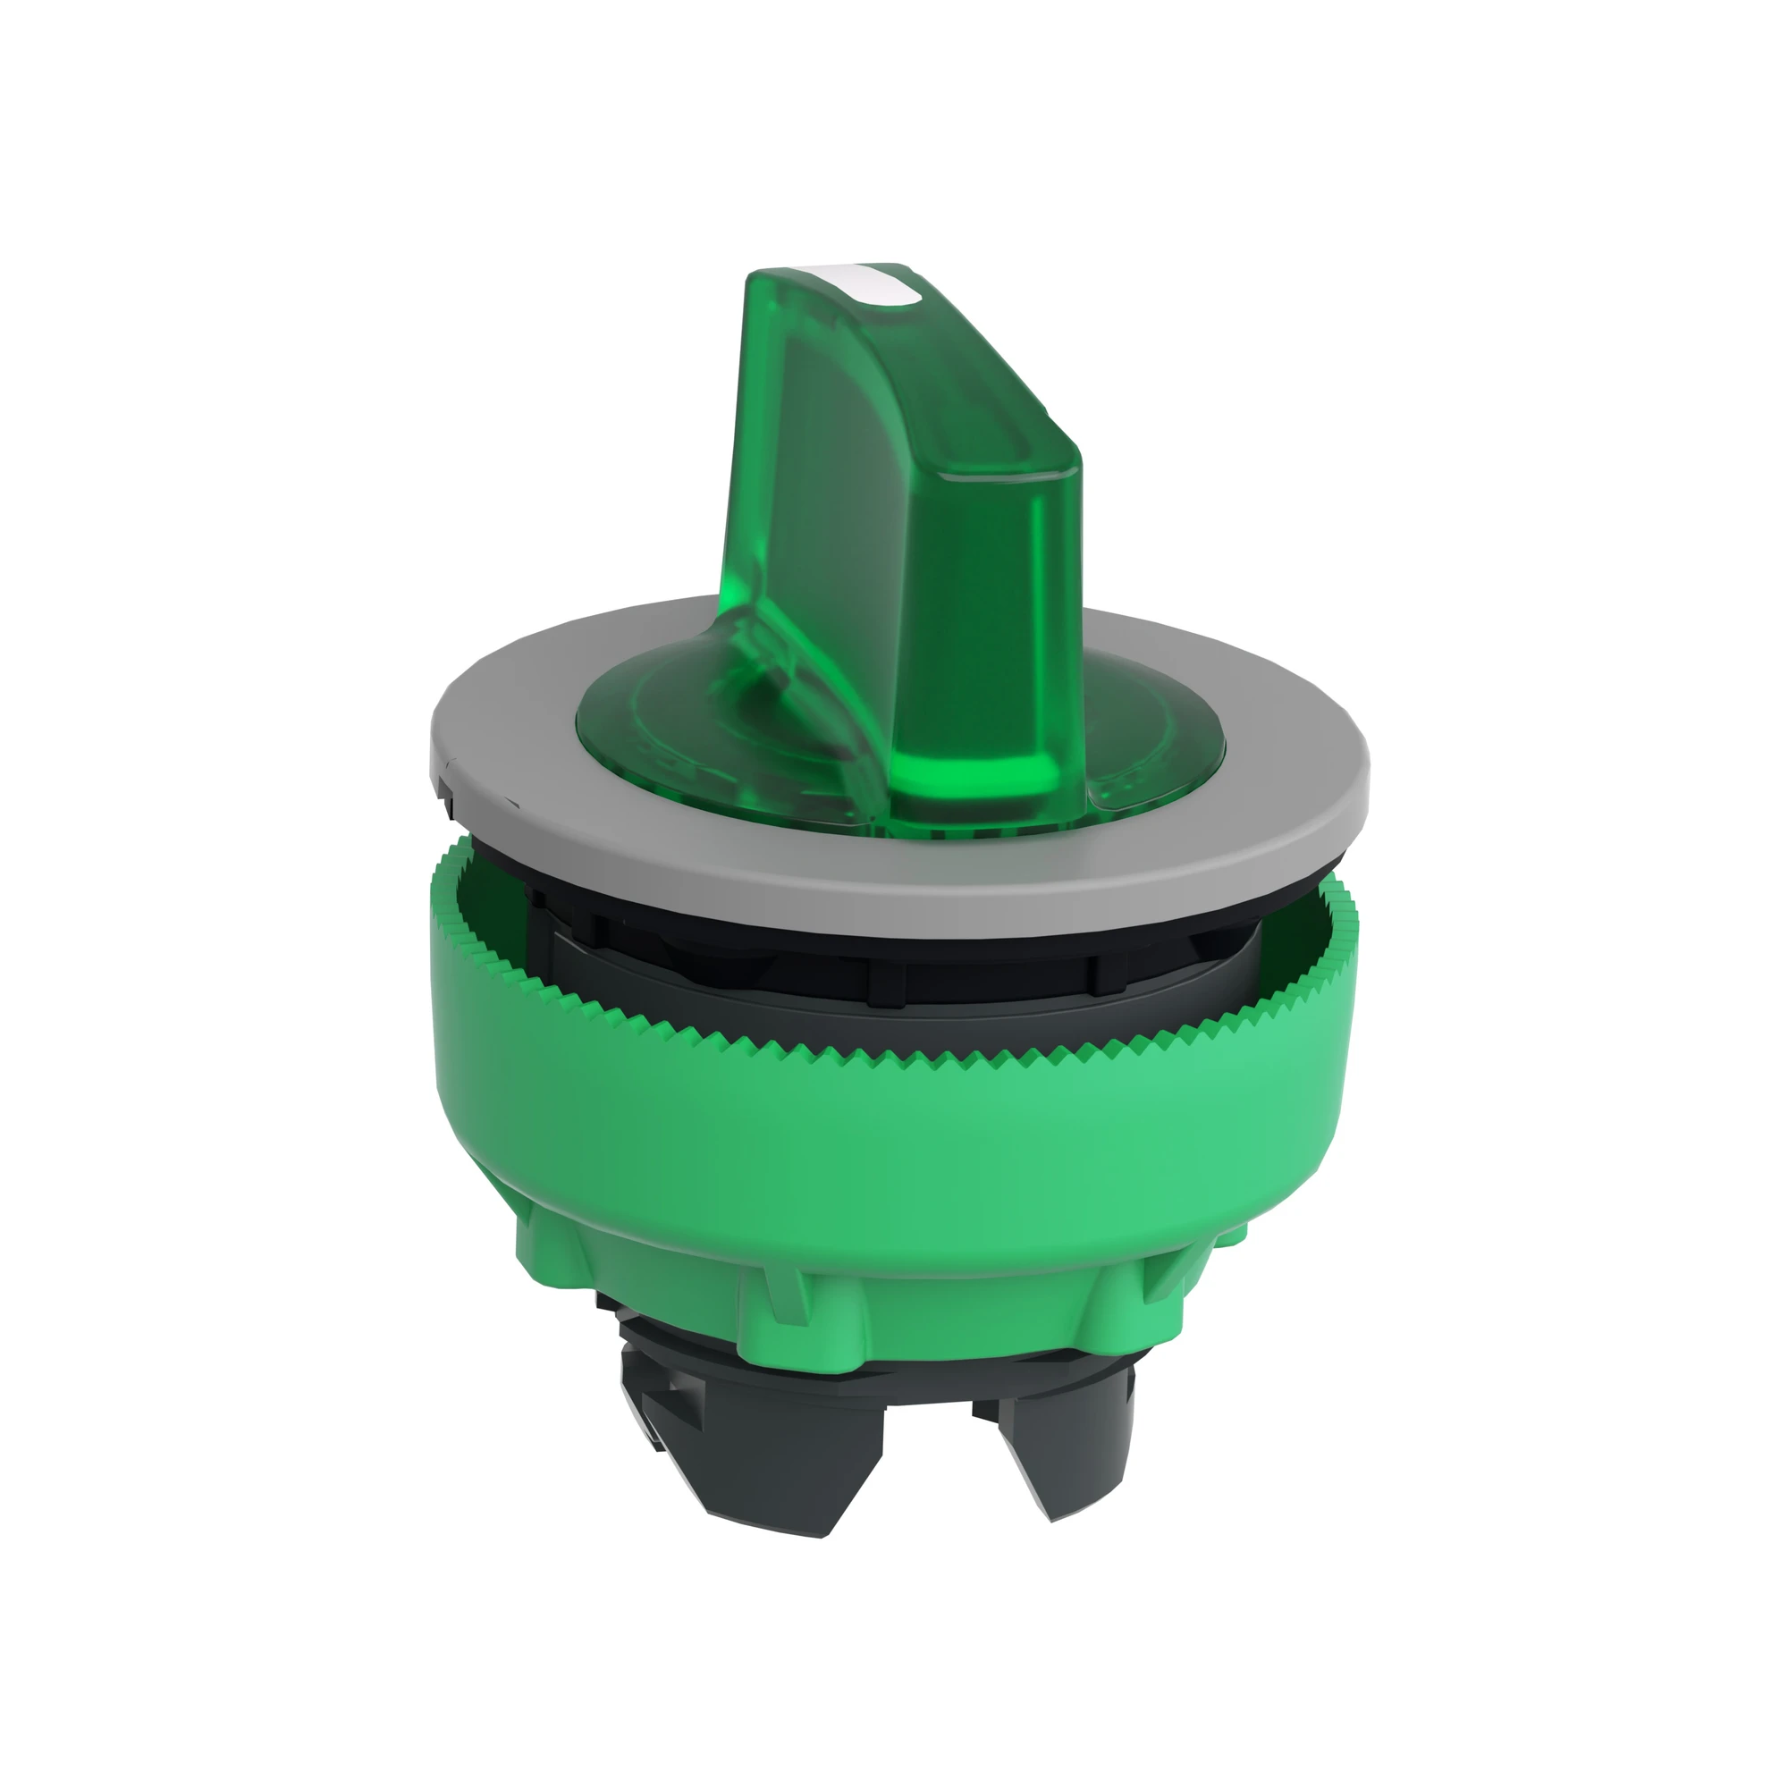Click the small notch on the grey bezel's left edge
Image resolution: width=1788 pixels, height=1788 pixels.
point(448,767)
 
